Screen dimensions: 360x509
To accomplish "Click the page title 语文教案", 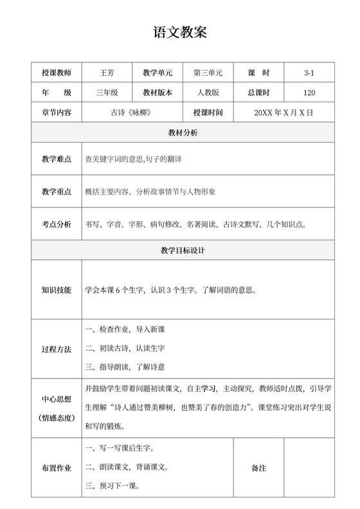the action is pyautogui.click(x=180, y=32).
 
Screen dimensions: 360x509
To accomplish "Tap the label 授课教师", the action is pyautogui.click(x=57, y=73).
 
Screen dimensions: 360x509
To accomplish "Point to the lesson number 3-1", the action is pyautogui.click(x=309, y=73).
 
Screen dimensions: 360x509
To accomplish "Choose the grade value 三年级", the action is pyautogui.click(x=107, y=93).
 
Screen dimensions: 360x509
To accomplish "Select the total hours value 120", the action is pyautogui.click(x=309, y=93).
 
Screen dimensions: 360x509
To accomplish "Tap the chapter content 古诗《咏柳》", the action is pyautogui.click(x=134, y=112).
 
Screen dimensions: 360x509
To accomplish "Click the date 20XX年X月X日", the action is pyautogui.click(x=283, y=112).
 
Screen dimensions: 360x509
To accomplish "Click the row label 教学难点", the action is pyautogui.click(x=57, y=159).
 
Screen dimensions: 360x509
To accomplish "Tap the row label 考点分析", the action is pyautogui.click(x=57, y=224).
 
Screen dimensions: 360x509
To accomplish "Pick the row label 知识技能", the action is pyautogui.click(x=57, y=290).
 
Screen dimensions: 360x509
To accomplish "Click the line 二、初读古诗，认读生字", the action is pyautogui.click(x=125, y=348).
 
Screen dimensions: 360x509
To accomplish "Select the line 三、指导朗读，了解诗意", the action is pyautogui.click(x=125, y=367).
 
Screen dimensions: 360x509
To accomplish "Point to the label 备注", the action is pyautogui.click(x=259, y=468).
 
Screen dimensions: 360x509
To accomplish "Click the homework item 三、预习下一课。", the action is pyautogui.click(x=113, y=486).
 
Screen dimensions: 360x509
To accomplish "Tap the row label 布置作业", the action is pyautogui.click(x=57, y=468).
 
